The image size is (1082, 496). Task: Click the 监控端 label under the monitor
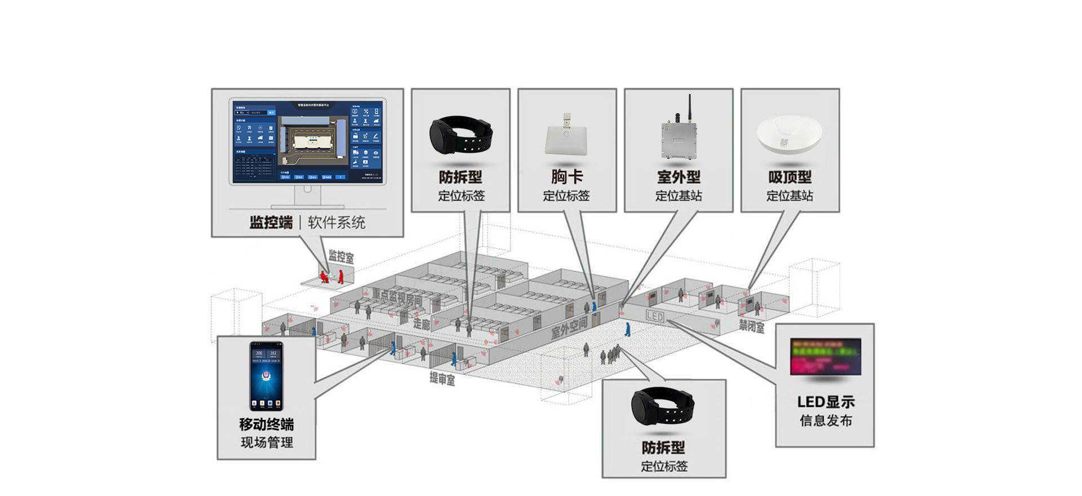[271, 223]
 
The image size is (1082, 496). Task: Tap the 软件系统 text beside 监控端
[336, 223]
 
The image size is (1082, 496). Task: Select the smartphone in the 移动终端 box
[266, 376]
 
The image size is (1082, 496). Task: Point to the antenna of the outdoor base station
[689, 107]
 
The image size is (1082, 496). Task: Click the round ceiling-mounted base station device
[789, 134]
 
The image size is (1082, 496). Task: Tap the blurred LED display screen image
[826, 357]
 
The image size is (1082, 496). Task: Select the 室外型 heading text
[679, 177]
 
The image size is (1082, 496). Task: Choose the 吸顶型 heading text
[790, 177]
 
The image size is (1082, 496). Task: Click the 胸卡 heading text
[566, 176]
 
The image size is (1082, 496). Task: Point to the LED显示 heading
[826, 402]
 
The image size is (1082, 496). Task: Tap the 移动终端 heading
[266, 424]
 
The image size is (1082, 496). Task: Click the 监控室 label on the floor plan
[341, 257]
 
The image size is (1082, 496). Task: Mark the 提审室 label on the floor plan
[442, 378]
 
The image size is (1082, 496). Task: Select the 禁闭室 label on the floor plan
[752, 326]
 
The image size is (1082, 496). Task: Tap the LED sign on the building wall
[655, 316]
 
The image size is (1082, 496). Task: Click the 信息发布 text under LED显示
[826, 420]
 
